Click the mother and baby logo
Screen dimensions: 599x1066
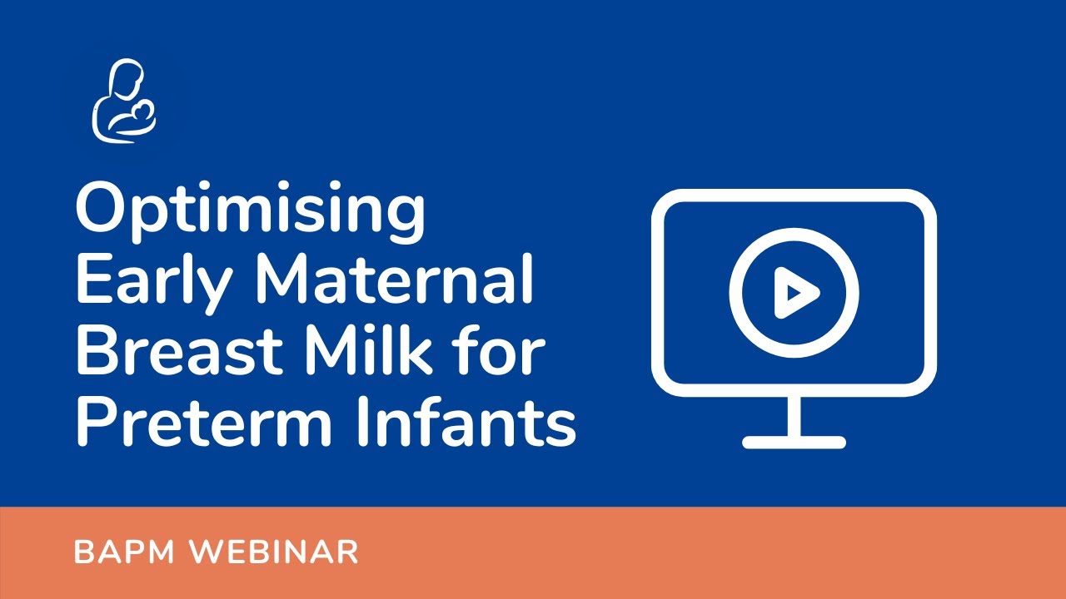click(123, 100)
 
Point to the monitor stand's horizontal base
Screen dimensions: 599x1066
click(794, 442)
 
